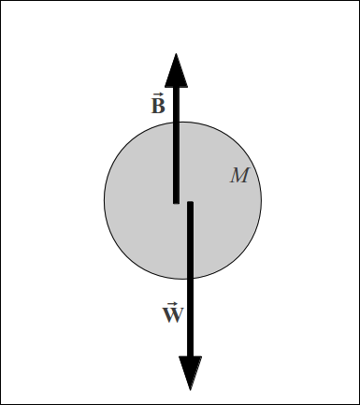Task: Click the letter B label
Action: tap(158, 106)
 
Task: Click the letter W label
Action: tap(173, 315)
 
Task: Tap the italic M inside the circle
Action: tap(239, 176)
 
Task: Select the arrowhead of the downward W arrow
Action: tap(191, 370)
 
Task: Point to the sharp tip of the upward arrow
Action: tap(176, 52)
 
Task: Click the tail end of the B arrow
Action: tap(176, 201)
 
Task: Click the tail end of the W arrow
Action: tap(191, 203)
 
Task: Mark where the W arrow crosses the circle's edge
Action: tap(191, 279)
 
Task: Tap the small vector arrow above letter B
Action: tap(157, 94)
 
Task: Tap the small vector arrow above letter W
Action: tap(172, 304)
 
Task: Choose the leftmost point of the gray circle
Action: tap(104, 200)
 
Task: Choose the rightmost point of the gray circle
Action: tap(262, 200)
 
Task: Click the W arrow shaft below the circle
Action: tap(191, 318)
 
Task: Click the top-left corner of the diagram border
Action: tap(1, 1)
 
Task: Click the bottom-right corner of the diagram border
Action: tap(358, 403)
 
